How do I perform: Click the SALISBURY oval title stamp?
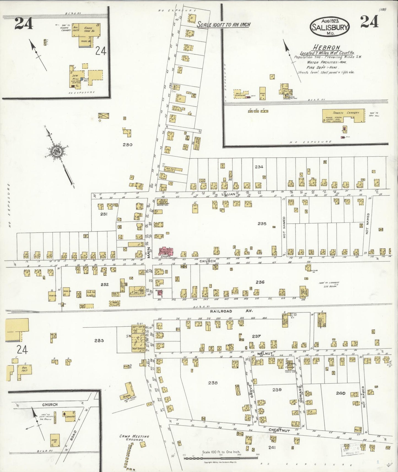click(x=330, y=27)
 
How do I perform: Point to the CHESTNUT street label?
click(x=279, y=430)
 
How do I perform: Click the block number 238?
click(x=213, y=383)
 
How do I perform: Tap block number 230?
click(x=128, y=145)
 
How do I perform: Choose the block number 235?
click(x=262, y=224)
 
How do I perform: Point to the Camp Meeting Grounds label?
click(x=134, y=438)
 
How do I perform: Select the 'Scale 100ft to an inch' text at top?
click(x=224, y=25)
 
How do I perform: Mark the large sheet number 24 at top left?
click(x=24, y=23)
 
